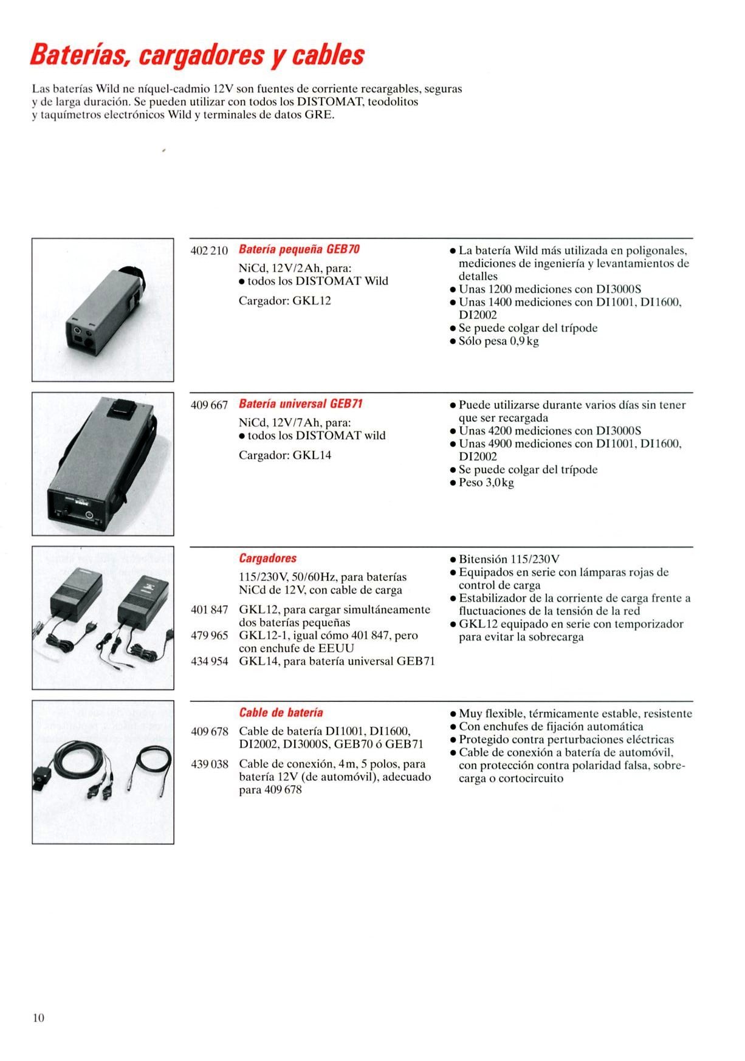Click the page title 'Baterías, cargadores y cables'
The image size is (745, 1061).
[x=197, y=55]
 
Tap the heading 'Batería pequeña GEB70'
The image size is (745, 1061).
[x=299, y=250]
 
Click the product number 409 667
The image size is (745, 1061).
[x=209, y=405]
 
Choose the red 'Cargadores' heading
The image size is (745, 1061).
[x=267, y=558]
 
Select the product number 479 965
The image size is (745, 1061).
[x=209, y=636]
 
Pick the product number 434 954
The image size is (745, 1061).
[x=209, y=662]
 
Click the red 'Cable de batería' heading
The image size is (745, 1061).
[x=281, y=713]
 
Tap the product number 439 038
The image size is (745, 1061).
[x=209, y=764]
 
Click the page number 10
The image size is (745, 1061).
[x=38, y=1018]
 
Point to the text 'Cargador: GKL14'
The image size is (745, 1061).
[x=284, y=455]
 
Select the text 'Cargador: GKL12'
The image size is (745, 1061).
[x=284, y=301]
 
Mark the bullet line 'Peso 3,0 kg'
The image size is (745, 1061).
[x=486, y=483]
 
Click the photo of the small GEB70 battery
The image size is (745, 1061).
[x=103, y=310]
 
